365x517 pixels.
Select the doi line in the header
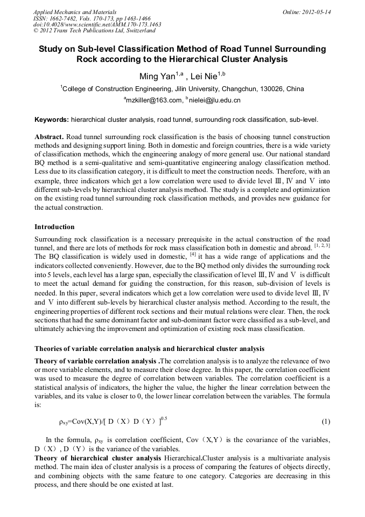97,24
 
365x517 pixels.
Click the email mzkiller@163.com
153,100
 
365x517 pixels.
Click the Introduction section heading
54,226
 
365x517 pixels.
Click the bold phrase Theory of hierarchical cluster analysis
97,458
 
